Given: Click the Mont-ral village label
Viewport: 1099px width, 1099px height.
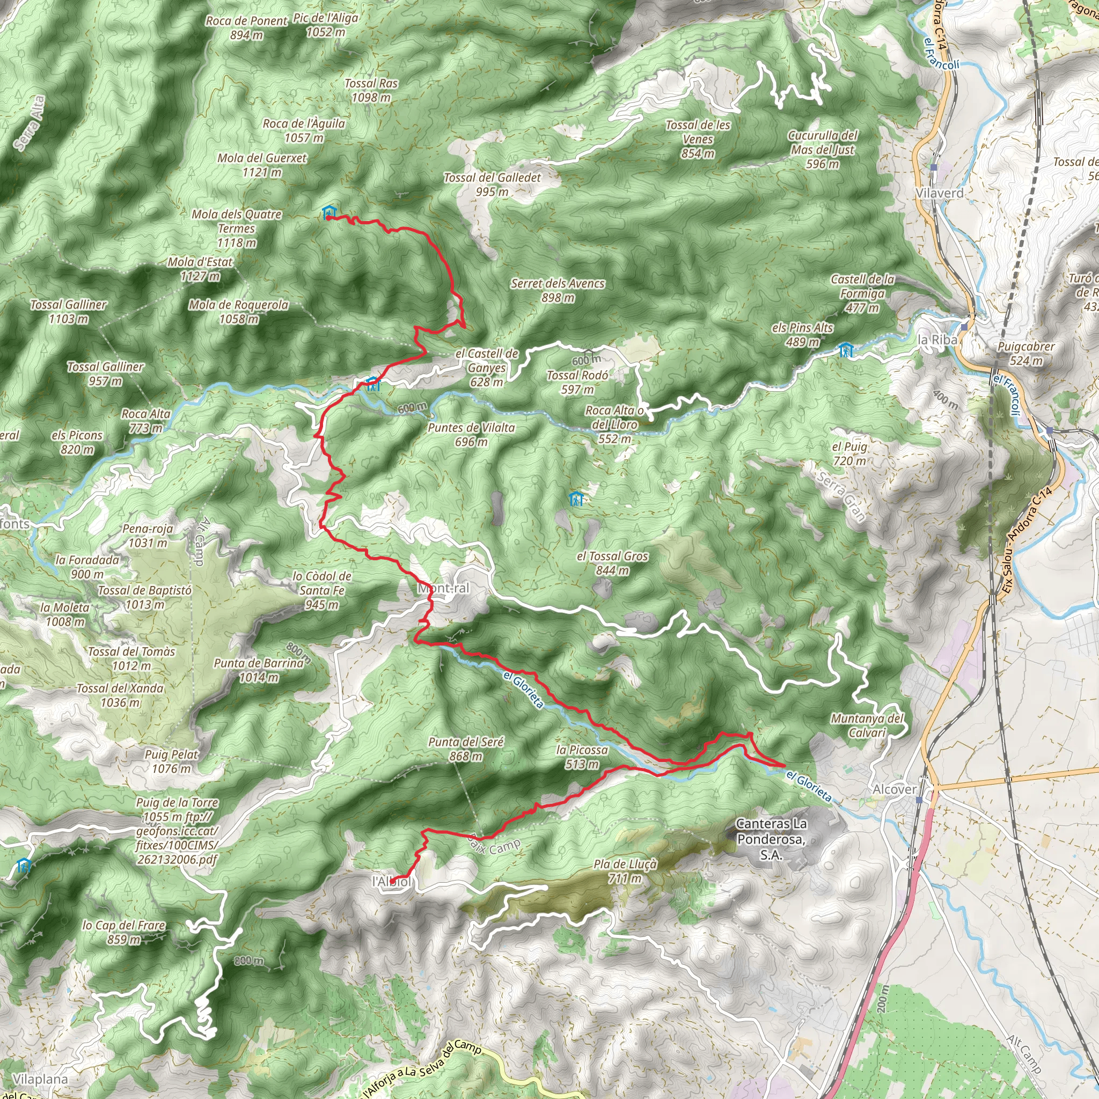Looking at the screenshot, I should [x=444, y=588].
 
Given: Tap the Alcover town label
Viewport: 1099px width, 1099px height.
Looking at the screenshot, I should [x=895, y=789].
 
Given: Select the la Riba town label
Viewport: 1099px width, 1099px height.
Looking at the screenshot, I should [x=937, y=340].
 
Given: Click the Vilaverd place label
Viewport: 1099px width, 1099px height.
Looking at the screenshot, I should [x=939, y=193].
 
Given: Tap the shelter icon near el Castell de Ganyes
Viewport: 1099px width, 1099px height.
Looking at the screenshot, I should [x=372, y=384].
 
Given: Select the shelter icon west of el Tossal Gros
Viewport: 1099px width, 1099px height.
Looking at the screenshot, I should [x=576, y=500].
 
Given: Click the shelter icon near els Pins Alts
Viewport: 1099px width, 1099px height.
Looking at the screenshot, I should [x=846, y=350].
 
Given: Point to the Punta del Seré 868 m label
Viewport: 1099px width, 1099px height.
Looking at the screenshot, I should [x=466, y=749].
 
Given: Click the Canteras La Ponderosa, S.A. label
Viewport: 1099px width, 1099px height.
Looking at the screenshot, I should [x=771, y=839].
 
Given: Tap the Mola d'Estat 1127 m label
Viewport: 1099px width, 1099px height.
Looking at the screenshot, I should [x=200, y=269].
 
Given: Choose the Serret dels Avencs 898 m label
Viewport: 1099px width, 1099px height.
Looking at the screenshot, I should [x=558, y=290].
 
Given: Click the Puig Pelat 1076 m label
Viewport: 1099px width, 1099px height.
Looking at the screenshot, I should [x=171, y=761].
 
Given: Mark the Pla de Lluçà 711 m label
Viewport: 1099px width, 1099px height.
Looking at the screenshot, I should [x=625, y=871].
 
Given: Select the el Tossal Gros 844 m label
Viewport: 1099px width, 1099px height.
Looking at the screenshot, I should [x=612, y=563].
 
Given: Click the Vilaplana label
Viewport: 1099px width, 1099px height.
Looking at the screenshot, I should [x=40, y=1079].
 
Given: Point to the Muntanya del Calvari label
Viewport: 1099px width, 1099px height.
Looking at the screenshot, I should [x=867, y=726].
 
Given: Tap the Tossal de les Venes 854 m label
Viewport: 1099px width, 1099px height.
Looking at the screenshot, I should [x=698, y=139].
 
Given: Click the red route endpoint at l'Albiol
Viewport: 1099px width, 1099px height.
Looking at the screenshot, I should [x=392, y=881].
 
